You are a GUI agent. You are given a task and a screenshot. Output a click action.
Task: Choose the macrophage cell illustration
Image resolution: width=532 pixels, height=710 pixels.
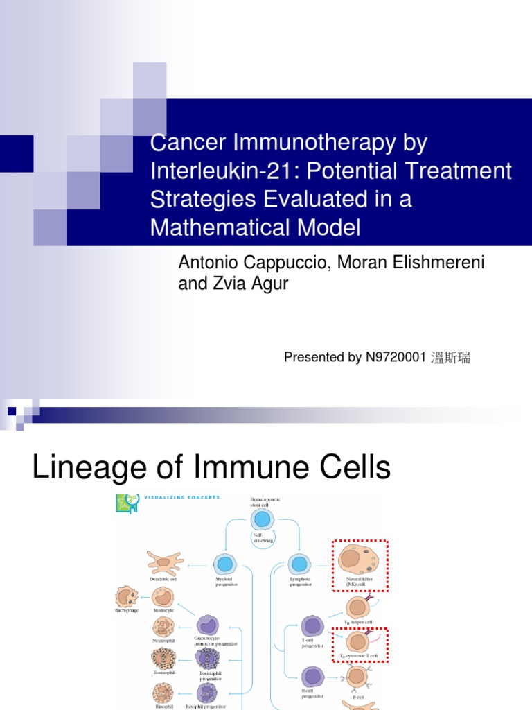(x=127, y=596)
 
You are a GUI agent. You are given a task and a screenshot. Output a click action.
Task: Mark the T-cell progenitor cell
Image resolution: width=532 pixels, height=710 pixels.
(x=312, y=625)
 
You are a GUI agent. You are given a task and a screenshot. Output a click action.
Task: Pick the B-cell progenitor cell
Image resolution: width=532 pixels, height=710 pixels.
(x=312, y=676)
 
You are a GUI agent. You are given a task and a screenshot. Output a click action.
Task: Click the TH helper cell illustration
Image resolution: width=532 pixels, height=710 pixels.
(x=357, y=608)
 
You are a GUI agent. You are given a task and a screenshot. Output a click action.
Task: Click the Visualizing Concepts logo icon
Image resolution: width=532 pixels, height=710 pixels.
(x=125, y=503)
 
